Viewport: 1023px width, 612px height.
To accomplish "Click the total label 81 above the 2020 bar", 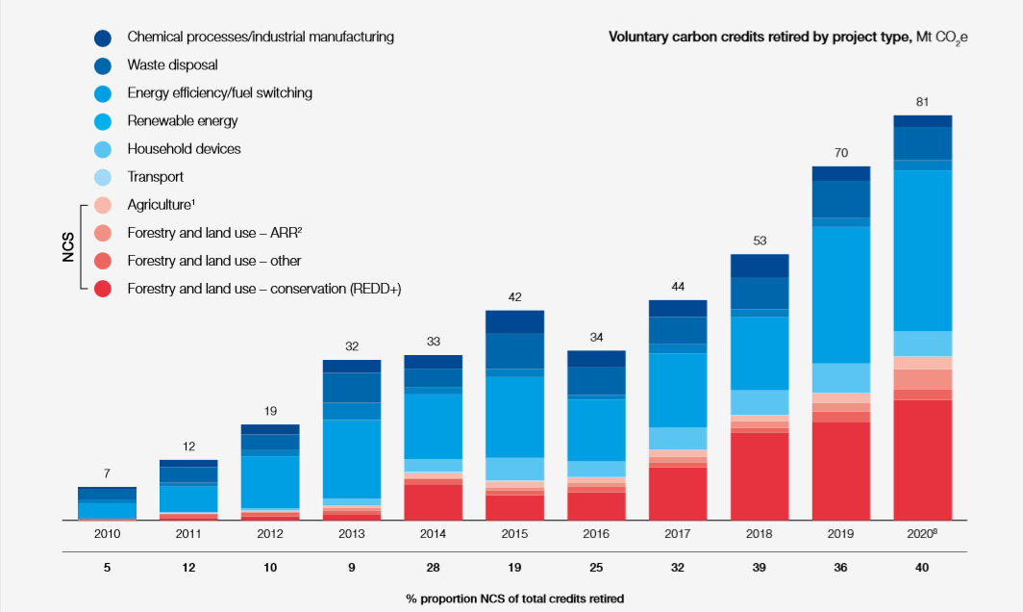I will pyautogui.click(x=923, y=101).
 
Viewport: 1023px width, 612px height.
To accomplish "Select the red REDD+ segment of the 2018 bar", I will pyautogui.click(x=760, y=476).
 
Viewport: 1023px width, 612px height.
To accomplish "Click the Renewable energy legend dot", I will pyautogui.click(x=103, y=121).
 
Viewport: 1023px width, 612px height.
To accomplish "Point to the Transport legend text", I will pyautogui.click(x=155, y=177).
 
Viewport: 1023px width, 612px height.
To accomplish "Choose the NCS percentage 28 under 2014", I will pyautogui.click(x=433, y=568).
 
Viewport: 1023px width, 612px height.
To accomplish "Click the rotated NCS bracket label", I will pyautogui.click(x=68, y=246).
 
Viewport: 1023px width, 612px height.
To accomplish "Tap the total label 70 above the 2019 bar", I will pyautogui.click(x=841, y=152).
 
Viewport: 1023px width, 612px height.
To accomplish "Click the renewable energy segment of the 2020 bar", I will pyautogui.click(x=923, y=250).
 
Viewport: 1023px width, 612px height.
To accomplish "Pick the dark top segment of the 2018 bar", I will pyautogui.click(x=760, y=266).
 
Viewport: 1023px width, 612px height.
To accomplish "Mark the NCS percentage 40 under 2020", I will pyautogui.click(x=923, y=568).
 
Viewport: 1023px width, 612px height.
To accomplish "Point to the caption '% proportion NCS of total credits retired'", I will pyautogui.click(x=514, y=599).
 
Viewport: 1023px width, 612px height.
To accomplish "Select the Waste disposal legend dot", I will pyautogui.click(x=103, y=65).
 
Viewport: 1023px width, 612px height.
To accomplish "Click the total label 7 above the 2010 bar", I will pyautogui.click(x=107, y=473).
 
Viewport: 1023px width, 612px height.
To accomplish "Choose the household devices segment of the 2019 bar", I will pyautogui.click(x=841, y=377).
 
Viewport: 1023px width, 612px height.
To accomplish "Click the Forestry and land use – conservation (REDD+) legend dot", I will pyautogui.click(x=103, y=289).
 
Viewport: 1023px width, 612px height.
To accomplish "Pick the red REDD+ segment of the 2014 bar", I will pyautogui.click(x=433, y=502).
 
